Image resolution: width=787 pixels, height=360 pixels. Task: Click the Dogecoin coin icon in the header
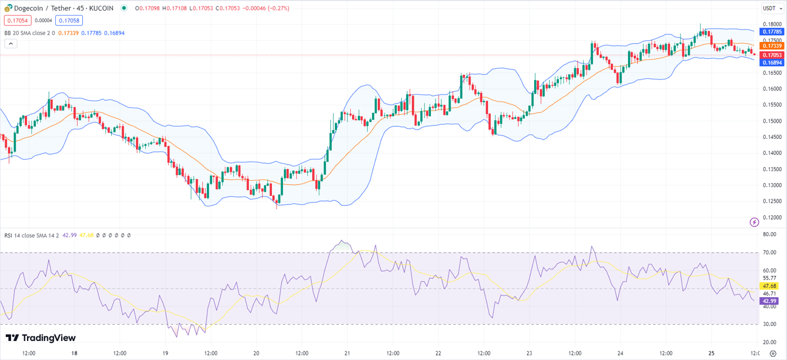[8, 8]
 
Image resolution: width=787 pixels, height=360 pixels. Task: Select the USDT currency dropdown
[771, 8]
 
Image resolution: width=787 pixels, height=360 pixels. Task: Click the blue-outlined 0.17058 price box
[69, 21]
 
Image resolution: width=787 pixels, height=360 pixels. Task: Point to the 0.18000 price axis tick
[771, 24]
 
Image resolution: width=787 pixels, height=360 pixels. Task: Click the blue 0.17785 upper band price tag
[771, 32]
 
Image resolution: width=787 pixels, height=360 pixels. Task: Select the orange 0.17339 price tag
[771, 46]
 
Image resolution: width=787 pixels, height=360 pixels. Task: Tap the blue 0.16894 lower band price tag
[771, 62]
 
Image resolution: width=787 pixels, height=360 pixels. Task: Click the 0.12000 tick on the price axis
[771, 217]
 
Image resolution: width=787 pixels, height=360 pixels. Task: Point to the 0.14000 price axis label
[771, 153]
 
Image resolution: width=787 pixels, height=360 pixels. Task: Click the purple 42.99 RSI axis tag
[770, 301]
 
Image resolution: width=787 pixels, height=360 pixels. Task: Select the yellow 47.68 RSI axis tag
[770, 286]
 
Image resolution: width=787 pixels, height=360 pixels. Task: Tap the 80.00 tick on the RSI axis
[770, 234]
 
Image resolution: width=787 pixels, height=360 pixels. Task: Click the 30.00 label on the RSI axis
[770, 324]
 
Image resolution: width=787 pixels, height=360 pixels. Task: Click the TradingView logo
[40, 338]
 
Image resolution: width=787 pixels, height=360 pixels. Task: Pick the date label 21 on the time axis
[347, 353]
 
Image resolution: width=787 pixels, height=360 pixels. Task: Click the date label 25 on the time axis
[711, 353]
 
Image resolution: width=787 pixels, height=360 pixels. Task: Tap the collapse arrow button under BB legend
[10, 44]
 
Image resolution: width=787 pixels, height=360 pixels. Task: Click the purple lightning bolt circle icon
[754, 222]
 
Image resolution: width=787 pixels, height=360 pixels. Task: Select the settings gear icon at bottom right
[773, 353]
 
